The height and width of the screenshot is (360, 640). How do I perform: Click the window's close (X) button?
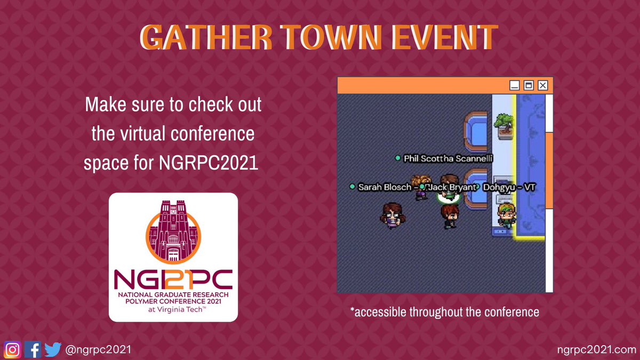(x=543, y=85)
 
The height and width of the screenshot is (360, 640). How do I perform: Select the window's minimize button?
(x=515, y=85)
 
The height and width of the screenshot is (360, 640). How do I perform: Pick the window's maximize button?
(x=529, y=85)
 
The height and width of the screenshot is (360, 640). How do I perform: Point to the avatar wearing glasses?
(x=393, y=215)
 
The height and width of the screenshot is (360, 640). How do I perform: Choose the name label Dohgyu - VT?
(x=509, y=187)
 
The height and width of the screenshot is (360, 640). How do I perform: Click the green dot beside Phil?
(x=397, y=158)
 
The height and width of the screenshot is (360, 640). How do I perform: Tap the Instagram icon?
(x=13, y=349)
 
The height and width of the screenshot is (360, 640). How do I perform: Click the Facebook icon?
(x=33, y=349)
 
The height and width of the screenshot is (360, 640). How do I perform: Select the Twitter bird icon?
(x=53, y=349)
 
